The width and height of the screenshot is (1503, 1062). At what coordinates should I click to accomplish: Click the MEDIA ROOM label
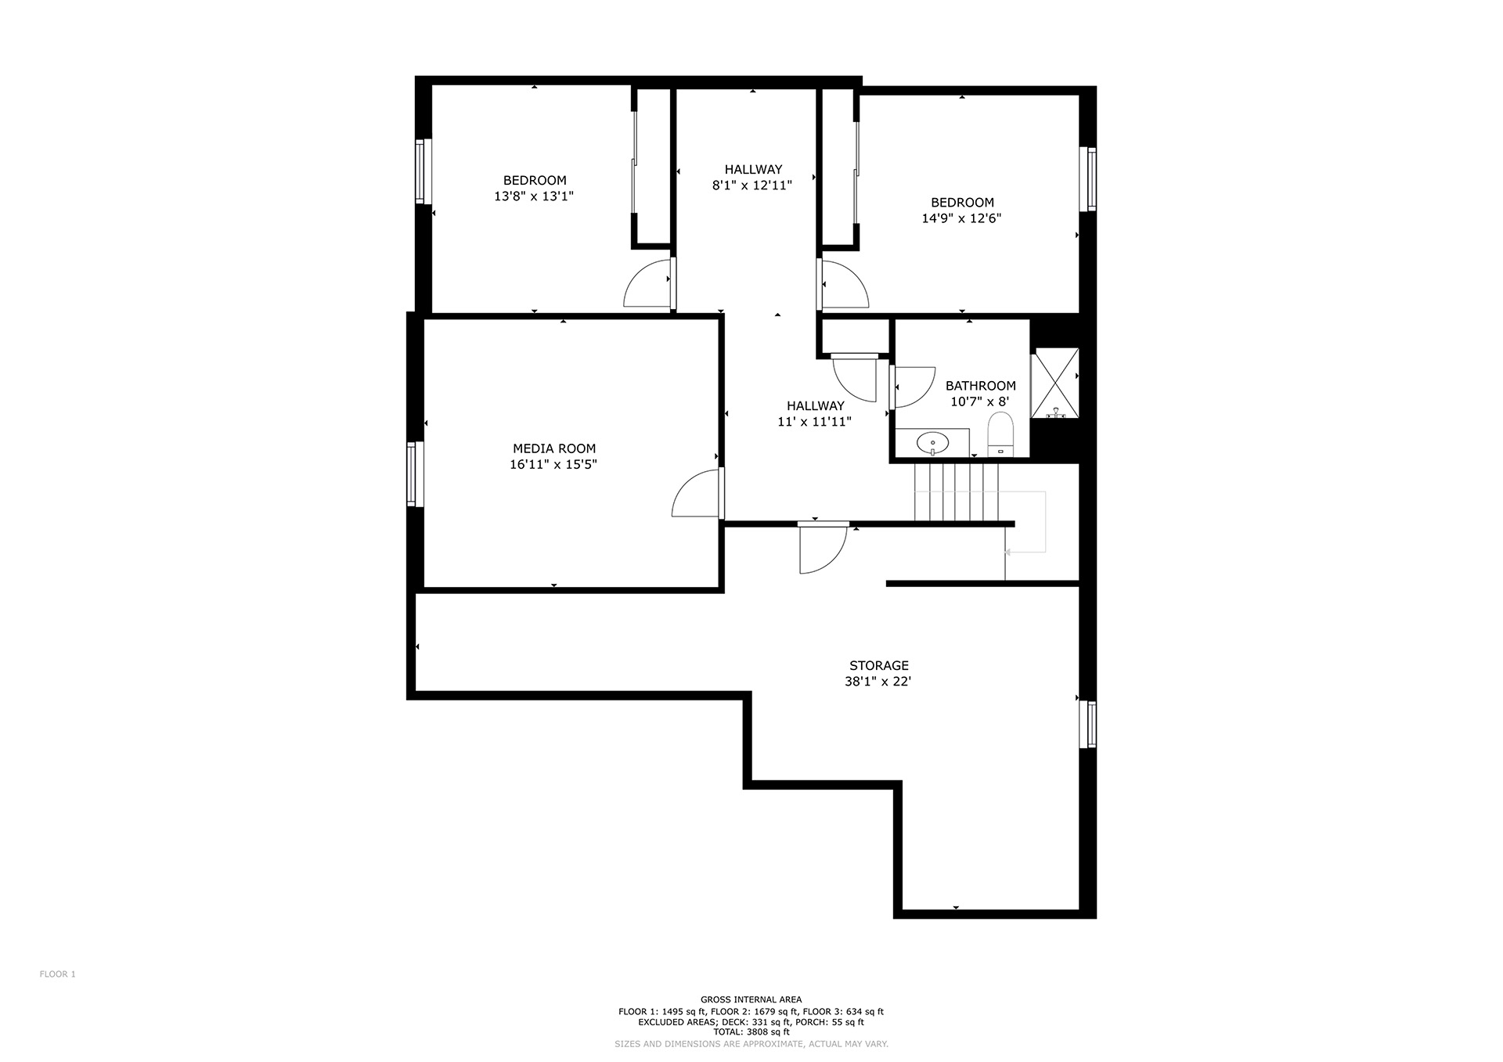click(x=554, y=448)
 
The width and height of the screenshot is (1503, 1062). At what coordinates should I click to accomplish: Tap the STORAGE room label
click(x=879, y=666)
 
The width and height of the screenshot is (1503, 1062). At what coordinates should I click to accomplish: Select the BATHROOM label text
click(x=981, y=386)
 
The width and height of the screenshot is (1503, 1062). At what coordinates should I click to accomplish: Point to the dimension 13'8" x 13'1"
click(x=534, y=196)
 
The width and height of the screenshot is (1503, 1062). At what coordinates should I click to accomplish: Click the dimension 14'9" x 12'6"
click(x=961, y=218)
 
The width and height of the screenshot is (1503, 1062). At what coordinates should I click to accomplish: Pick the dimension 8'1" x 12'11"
click(x=752, y=185)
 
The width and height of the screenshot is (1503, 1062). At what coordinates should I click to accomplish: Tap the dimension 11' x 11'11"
click(x=815, y=422)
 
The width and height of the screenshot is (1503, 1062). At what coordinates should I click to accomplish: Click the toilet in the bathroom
click(x=1000, y=434)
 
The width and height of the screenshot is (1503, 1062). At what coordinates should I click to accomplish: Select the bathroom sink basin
click(x=932, y=443)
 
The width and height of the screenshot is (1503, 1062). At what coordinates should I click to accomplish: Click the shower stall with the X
click(x=1054, y=383)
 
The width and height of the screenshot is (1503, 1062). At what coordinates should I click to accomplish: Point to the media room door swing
click(x=694, y=493)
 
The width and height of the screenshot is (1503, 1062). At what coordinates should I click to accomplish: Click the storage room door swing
click(x=823, y=547)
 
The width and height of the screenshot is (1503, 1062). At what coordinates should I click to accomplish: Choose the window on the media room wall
click(x=415, y=473)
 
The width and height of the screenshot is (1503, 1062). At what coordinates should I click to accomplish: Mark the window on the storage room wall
click(x=1088, y=724)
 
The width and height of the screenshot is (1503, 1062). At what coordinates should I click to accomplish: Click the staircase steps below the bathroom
click(x=956, y=492)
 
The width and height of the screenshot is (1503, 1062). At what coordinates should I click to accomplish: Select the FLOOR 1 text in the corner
click(x=57, y=974)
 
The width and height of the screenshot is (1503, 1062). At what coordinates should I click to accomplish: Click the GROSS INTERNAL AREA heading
click(x=751, y=999)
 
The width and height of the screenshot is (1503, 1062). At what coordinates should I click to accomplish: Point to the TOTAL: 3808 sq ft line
click(x=751, y=1032)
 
